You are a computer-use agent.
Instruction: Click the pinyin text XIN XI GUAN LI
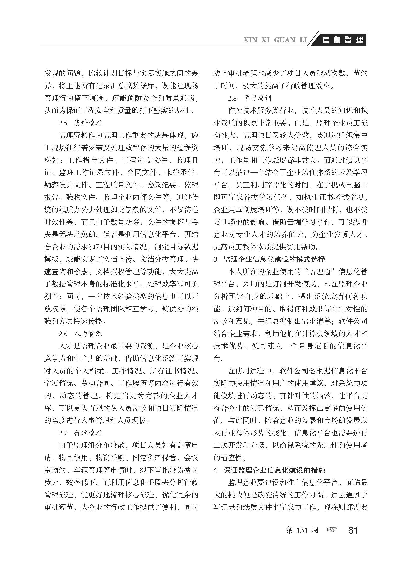coord(275,40)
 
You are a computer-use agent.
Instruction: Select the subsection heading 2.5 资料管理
coord(80,123)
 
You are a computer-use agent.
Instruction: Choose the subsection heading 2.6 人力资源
coord(80,334)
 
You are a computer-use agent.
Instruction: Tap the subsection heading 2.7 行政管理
coord(80,433)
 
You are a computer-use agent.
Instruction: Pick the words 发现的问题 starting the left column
coord(59,73)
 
